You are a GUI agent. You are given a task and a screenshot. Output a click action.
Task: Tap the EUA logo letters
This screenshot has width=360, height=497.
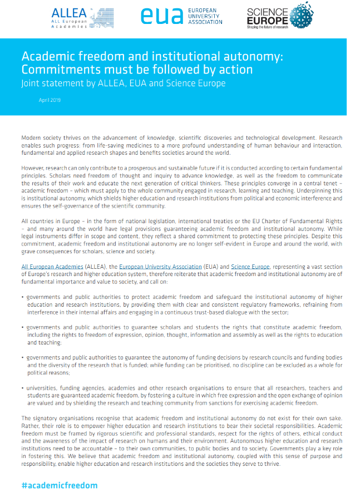coord(161,16)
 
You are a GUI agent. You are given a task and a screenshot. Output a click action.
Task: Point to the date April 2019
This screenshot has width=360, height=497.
coord(50,100)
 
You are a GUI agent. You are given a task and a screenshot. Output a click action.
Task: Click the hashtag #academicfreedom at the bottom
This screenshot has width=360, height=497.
coord(60,485)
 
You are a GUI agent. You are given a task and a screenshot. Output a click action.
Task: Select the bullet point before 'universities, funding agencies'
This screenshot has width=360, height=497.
coord(23,388)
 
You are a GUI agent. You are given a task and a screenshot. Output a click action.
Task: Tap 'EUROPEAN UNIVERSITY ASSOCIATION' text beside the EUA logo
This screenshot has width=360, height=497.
coord(204,16)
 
